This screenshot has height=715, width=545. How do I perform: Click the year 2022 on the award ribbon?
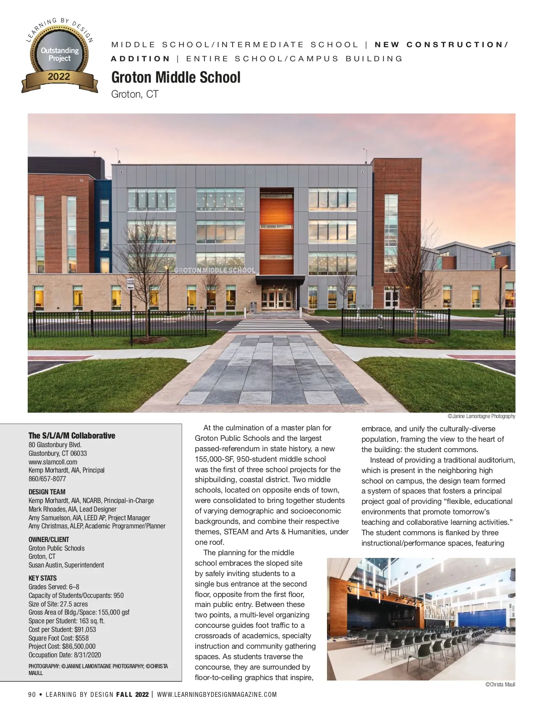pyautogui.click(x=59, y=77)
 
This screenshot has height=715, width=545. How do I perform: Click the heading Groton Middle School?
pyautogui.click(x=176, y=78)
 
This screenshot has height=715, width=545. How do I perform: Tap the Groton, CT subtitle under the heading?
pyautogui.click(x=134, y=94)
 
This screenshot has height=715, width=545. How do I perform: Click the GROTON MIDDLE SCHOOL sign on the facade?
pyautogui.click(x=215, y=270)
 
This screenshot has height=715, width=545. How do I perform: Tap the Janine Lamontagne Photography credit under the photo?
pyautogui.click(x=481, y=416)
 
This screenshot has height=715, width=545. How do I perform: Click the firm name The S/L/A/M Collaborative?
pyautogui.click(x=72, y=435)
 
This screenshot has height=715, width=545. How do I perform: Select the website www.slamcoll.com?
pyautogui.click(x=53, y=462)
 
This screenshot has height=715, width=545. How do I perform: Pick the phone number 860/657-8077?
pyautogui.click(x=47, y=478)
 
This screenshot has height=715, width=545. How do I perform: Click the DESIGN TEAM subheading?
pyautogui.click(x=47, y=492)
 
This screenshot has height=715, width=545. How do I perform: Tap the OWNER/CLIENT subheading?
pyautogui.click(x=49, y=539)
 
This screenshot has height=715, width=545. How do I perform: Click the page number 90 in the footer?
pyautogui.click(x=32, y=694)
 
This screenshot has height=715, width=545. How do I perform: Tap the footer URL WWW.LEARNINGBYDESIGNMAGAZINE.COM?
pyautogui.click(x=217, y=694)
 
